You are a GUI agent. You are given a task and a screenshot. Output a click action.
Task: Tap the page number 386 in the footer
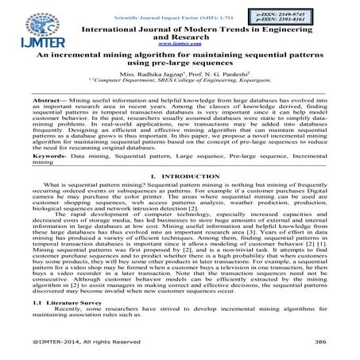click(x=320, y=343)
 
